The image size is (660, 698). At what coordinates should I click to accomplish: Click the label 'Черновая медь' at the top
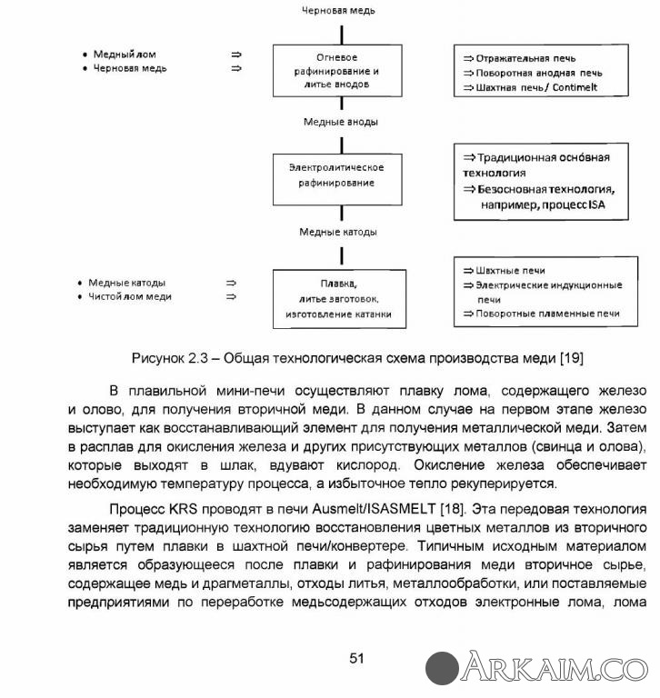coord(338,11)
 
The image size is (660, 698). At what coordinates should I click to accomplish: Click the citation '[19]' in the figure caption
coord(571,357)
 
